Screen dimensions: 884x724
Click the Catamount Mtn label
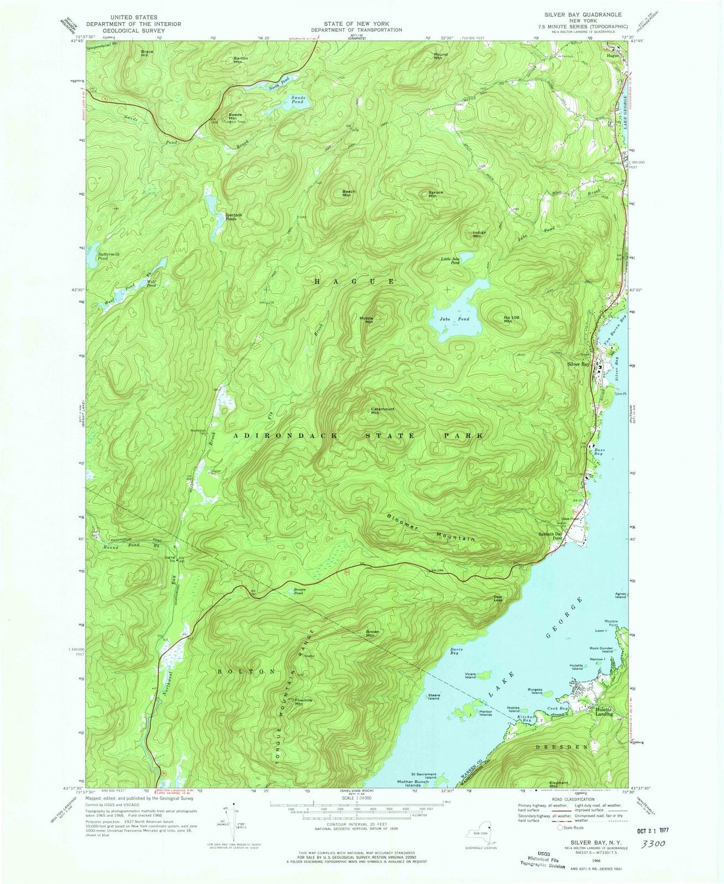click(378, 411)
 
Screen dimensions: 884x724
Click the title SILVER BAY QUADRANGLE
click(588, 14)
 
